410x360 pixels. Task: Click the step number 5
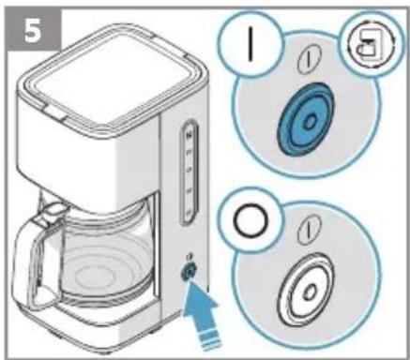(x=33, y=31)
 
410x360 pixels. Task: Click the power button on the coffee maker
(x=189, y=271)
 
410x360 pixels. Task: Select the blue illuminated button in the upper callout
(x=306, y=120)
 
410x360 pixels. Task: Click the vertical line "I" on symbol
(x=250, y=44)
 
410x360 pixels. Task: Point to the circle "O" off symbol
(x=251, y=220)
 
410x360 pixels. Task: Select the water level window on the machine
(x=190, y=172)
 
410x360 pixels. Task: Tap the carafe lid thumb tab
(x=53, y=209)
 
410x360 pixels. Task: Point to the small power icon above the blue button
(x=309, y=59)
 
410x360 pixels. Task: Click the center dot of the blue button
(x=310, y=121)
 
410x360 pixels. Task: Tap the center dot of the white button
(x=310, y=292)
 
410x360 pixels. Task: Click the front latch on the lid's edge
(x=55, y=113)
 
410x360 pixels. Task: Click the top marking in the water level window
(x=189, y=135)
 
